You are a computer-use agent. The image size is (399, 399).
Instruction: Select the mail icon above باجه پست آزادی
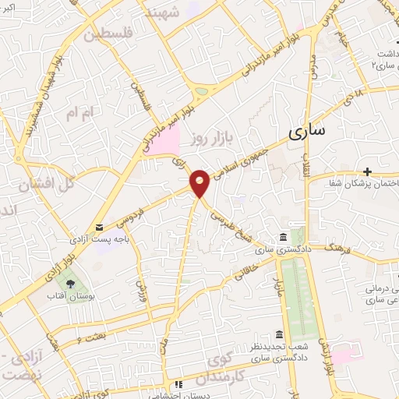click(99, 228)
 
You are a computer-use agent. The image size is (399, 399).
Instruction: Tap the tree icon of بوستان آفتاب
click(71, 285)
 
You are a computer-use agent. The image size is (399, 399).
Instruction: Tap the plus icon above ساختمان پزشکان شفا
click(367, 171)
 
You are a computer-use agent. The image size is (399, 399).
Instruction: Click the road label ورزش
click(142, 291)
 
